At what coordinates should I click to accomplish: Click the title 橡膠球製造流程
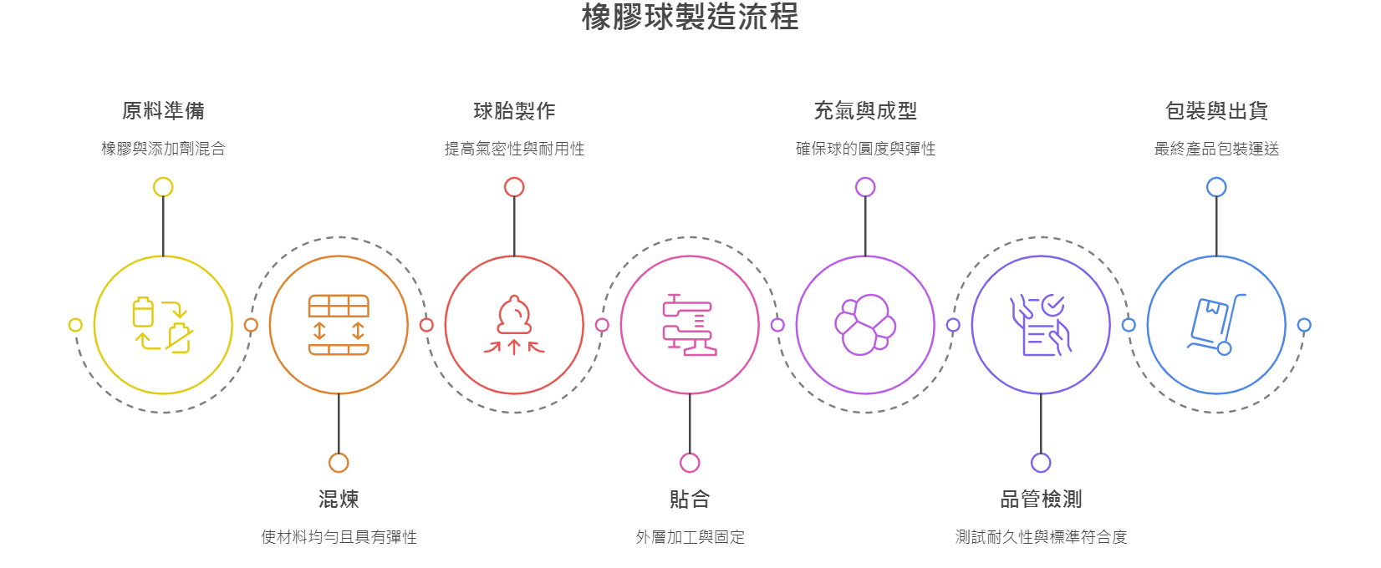pyautogui.click(x=690, y=18)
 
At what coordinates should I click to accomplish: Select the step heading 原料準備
pyautogui.click(x=163, y=111)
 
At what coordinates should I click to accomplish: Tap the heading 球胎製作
pyautogui.click(x=514, y=111)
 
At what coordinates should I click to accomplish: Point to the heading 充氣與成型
pyautogui.click(x=865, y=111)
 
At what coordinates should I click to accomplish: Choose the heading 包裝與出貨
pyautogui.click(x=1216, y=111)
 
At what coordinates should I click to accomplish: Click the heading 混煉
pyautogui.click(x=339, y=500)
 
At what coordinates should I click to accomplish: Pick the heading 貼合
pyautogui.click(x=690, y=500)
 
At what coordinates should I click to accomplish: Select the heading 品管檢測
pyautogui.click(x=1041, y=500)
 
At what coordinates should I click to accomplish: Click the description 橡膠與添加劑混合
pyautogui.click(x=163, y=149)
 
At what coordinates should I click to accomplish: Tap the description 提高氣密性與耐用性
pyautogui.click(x=514, y=149)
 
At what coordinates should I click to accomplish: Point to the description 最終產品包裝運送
pyautogui.click(x=1216, y=149)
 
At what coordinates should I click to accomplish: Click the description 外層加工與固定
pyautogui.click(x=690, y=537)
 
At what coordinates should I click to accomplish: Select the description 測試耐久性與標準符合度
pyautogui.click(x=1041, y=537)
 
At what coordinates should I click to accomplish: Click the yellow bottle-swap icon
pyautogui.click(x=163, y=325)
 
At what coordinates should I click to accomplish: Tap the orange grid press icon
pyautogui.click(x=339, y=325)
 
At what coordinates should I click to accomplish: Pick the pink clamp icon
pyautogui.click(x=690, y=325)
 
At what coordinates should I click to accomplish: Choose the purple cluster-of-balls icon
pyautogui.click(x=865, y=325)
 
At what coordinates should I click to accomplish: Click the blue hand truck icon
pyautogui.click(x=1216, y=325)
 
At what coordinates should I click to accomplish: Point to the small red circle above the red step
pyautogui.click(x=514, y=187)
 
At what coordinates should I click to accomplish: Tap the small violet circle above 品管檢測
pyautogui.click(x=1041, y=463)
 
